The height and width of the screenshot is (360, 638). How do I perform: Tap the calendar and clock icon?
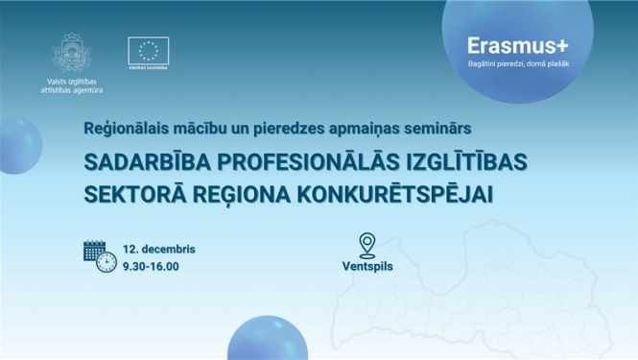99,255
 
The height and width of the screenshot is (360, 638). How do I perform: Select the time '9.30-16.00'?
151,265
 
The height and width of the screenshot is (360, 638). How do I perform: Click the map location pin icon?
366,244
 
